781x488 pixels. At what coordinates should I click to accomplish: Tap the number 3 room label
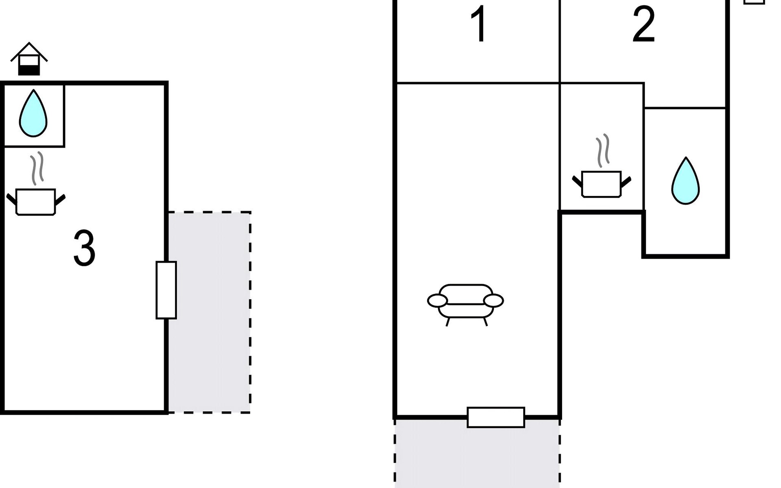84,248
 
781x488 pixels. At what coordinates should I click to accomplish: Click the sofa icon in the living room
466,305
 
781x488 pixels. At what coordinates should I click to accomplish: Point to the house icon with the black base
29,59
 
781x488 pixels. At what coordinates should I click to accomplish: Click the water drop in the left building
33,113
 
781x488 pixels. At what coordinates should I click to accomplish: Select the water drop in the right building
685,181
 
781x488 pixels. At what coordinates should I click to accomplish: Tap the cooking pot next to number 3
36,202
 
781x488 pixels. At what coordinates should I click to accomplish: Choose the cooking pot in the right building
602,184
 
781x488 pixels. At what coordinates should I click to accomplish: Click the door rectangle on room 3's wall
166,290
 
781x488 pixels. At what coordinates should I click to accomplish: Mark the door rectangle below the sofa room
496,417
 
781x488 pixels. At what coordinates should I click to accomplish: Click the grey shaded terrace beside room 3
209,312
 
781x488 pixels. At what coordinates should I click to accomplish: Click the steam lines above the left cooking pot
37,168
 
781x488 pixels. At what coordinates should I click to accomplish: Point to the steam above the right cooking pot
603,150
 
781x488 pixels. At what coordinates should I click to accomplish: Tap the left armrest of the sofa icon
437,301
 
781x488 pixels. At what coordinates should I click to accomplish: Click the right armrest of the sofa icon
493,301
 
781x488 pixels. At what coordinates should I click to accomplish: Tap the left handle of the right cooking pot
578,181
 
